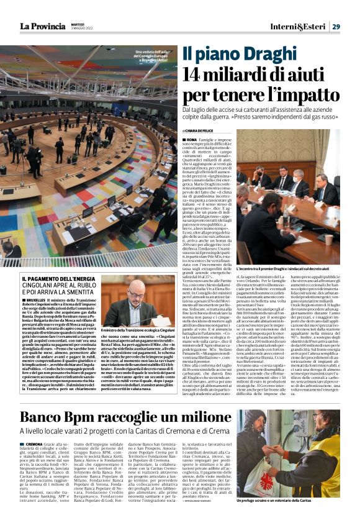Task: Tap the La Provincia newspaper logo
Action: point(41,26)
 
